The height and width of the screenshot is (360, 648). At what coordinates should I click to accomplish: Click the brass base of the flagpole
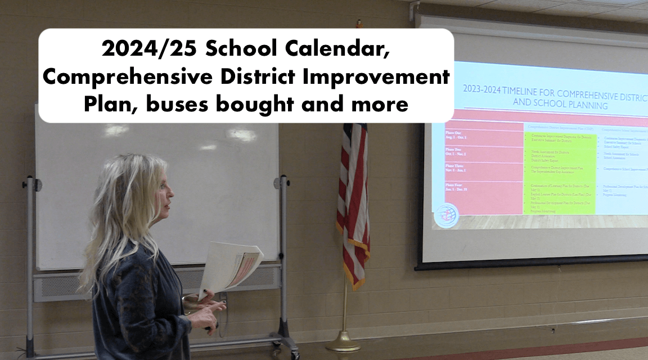pyautogui.click(x=343, y=341)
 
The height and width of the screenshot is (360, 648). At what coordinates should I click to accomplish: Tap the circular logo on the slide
pyautogui.click(x=447, y=215)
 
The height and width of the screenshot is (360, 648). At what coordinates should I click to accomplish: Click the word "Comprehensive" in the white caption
pyautogui.click(x=127, y=76)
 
